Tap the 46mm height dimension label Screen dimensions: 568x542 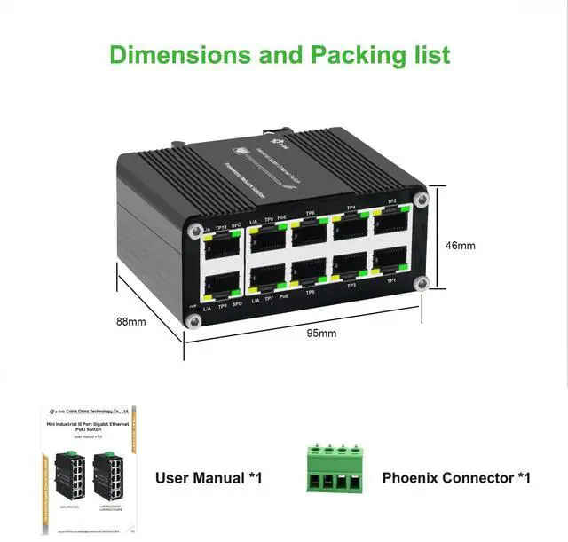click(x=461, y=246)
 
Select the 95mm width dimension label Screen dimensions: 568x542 click(x=321, y=334)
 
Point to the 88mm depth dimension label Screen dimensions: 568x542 click(x=130, y=321)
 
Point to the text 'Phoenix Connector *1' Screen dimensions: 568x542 click(x=456, y=478)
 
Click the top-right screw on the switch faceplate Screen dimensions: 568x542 click(x=421, y=200)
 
